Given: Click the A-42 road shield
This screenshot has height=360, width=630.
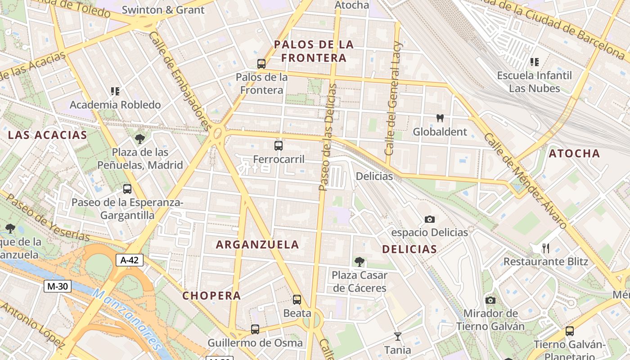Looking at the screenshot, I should tap(130, 260).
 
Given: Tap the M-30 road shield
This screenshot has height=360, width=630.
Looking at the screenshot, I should tap(58, 286).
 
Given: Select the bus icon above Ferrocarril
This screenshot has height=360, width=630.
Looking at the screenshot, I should tap(279, 146).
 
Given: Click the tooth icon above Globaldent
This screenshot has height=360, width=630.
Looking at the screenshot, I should tap(440, 118).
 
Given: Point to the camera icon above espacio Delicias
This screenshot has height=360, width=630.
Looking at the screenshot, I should tap(430, 220).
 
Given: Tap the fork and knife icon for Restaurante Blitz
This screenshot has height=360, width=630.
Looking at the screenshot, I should tap(546, 248).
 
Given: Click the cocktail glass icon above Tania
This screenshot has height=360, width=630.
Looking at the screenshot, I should tap(397, 336).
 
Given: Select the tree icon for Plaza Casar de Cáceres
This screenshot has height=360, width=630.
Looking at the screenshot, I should tap(359, 261).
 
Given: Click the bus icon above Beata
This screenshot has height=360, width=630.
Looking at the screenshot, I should tap(297, 300).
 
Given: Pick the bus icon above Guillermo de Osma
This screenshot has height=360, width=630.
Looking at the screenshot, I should tap(255, 329).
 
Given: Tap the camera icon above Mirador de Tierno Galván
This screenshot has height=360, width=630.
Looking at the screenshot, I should tap(490, 300).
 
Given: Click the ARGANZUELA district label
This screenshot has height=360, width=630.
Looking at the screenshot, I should tap(257, 245).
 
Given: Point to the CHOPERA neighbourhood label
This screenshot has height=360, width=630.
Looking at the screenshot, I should tap(211, 296).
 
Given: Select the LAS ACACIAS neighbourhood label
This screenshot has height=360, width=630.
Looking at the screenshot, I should tap(47, 135).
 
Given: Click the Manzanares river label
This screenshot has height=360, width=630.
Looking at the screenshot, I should tap(127, 319).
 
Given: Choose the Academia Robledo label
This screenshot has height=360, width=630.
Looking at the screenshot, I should tap(115, 105).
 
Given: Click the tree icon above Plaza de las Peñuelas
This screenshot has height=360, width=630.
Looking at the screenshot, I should tap(140, 139).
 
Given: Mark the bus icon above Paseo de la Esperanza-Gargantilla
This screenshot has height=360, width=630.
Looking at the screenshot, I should tap(127, 189).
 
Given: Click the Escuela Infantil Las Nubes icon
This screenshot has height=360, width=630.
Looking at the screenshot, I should tap(535, 62).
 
